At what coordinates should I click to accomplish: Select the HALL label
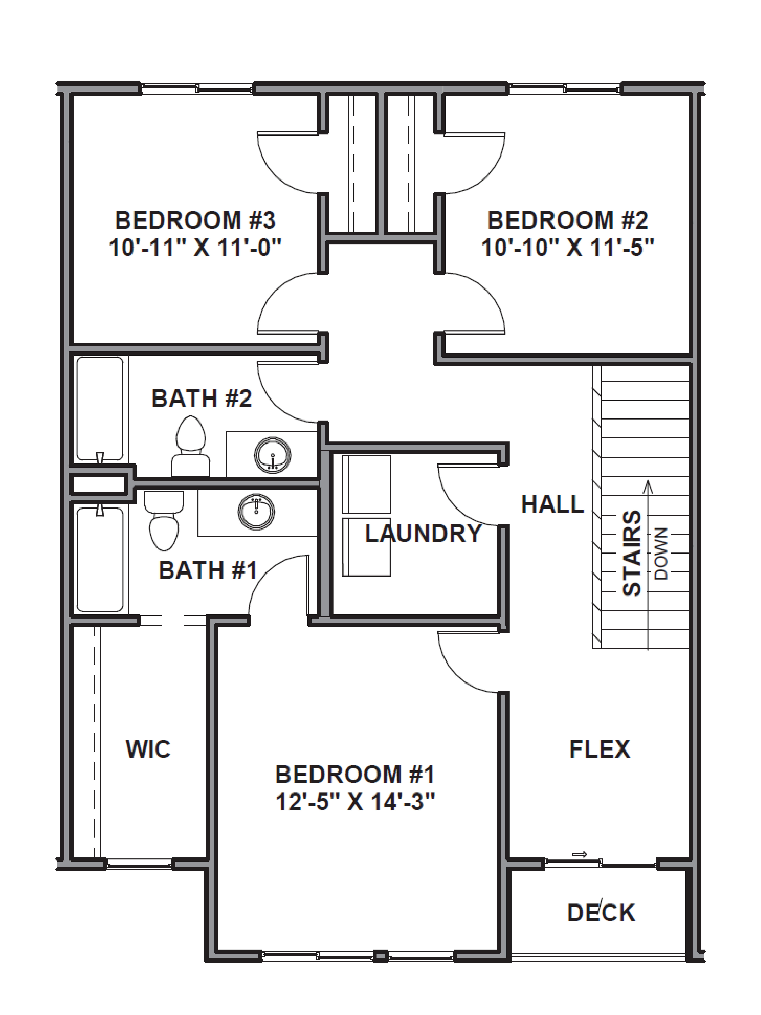coord(552,504)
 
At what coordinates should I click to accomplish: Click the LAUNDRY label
coord(422,533)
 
